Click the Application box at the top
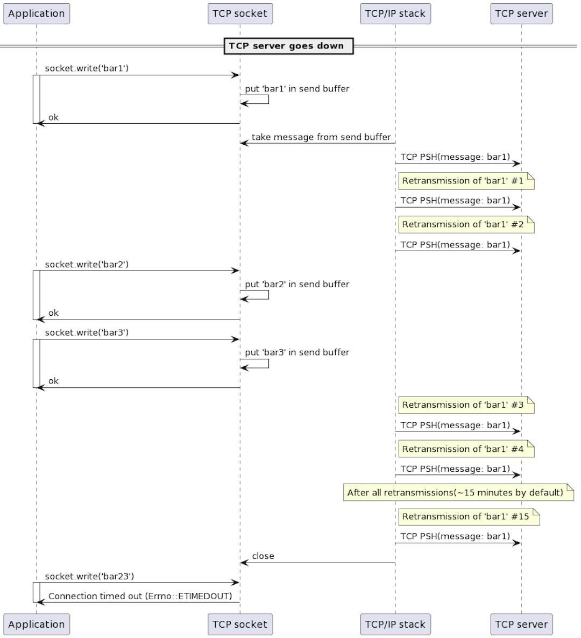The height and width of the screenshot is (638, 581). (x=37, y=14)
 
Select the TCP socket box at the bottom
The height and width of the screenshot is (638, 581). (x=240, y=624)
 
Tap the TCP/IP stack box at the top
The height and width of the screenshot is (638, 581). (x=395, y=14)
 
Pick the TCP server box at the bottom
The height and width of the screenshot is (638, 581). (x=521, y=624)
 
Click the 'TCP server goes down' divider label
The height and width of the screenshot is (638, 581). (x=288, y=46)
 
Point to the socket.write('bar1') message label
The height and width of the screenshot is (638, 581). (x=87, y=68)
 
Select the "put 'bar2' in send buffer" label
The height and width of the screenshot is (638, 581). (x=297, y=284)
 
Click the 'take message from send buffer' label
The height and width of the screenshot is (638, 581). (x=321, y=137)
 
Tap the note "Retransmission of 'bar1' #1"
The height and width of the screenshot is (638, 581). (x=465, y=181)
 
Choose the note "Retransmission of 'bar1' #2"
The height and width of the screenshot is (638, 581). (x=465, y=224)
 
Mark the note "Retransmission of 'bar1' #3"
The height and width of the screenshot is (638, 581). (x=465, y=405)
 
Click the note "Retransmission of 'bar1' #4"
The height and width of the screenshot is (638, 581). (x=465, y=449)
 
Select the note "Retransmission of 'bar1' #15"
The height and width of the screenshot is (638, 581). (x=468, y=516)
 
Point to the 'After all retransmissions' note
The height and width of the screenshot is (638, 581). (x=458, y=493)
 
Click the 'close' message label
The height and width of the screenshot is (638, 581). (x=263, y=556)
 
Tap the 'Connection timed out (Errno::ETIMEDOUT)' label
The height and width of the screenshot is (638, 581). (x=140, y=596)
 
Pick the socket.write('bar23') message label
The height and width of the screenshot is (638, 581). (x=89, y=576)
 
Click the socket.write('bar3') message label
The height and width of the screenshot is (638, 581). (x=87, y=332)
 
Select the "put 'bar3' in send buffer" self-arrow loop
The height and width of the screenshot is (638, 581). (x=260, y=364)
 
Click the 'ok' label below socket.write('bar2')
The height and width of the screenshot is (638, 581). (x=53, y=313)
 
